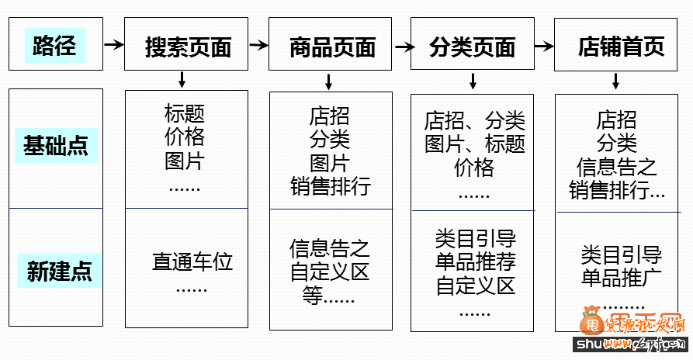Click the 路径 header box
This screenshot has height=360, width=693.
[x=55, y=45]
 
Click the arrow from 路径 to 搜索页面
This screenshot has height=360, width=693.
[x=113, y=45]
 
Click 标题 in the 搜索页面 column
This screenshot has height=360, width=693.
[x=185, y=113]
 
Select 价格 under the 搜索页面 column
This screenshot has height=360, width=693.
[x=185, y=137]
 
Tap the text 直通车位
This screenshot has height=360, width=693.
[x=192, y=261]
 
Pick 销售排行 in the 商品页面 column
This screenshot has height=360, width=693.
[x=331, y=187]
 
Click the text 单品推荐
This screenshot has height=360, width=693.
[x=475, y=261]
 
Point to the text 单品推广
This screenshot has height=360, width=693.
[x=621, y=278]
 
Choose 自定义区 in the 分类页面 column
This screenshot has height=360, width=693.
[x=475, y=286]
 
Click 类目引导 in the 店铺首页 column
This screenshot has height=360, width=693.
[x=621, y=254]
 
